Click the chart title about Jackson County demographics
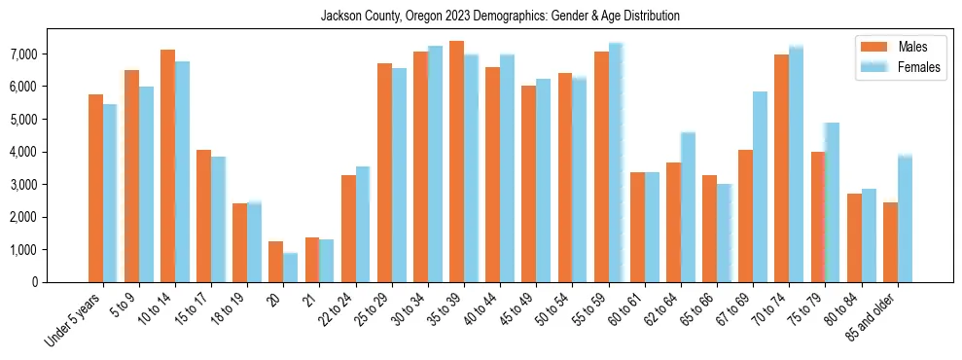(x=500, y=17)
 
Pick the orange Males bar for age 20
(x=276, y=262)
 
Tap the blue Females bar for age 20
(x=291, y=268)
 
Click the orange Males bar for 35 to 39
(x=456, y=162)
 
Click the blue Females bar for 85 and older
(x=905, y=219)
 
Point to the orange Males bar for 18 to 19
(x=239, y=242)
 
